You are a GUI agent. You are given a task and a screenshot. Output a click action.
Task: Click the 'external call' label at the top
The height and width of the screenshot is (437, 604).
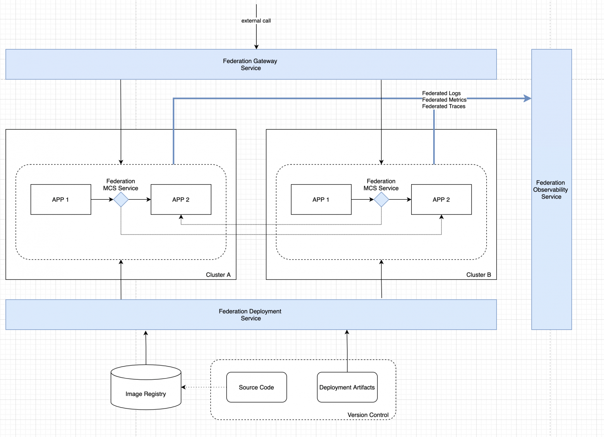tap(256, 21)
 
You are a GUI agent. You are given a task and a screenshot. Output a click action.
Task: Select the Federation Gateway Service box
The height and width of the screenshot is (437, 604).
tap(251, 64)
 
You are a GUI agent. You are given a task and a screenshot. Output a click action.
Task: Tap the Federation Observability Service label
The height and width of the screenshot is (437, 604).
tap(551, 190)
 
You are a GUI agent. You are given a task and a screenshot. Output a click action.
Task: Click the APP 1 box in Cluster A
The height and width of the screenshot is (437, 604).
tap(61, 199)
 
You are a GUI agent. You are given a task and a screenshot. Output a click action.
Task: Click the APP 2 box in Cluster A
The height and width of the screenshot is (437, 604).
tap(181, 199)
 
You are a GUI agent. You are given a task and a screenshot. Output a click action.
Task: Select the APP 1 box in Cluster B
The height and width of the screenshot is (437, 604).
tap(321, 199)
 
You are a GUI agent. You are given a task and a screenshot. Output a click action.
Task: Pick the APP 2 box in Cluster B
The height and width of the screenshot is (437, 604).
tap(441, 199)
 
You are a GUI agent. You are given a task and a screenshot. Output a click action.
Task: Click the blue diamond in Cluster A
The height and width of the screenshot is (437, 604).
tap(121, 200)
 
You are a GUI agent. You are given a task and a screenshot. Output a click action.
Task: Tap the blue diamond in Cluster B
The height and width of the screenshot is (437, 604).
tap(381, 200)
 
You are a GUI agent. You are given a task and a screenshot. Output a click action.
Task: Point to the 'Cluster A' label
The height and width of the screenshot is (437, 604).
tap(218, 274)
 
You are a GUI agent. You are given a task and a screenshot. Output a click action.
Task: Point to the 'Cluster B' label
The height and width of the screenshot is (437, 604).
tap(479, 274)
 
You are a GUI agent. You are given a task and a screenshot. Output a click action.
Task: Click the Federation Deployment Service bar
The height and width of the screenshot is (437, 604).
tap(251, 315)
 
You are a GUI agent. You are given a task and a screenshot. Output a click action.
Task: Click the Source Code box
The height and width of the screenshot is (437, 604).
tap(256, 387)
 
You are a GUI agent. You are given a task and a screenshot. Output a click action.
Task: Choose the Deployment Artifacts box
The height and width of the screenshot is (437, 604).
tap(347, 387)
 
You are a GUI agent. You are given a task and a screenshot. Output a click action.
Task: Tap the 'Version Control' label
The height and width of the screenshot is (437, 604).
tap(368, 415)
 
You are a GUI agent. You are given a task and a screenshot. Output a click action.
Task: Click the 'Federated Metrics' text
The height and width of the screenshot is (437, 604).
tap(444, 100)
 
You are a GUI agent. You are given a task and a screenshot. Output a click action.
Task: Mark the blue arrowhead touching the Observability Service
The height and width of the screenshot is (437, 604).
tap(527, 98)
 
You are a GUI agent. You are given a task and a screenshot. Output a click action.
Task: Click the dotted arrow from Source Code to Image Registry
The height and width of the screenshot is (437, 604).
tap(204, 387)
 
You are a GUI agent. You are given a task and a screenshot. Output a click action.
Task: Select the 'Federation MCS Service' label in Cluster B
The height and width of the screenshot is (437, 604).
tap(381, 185)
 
